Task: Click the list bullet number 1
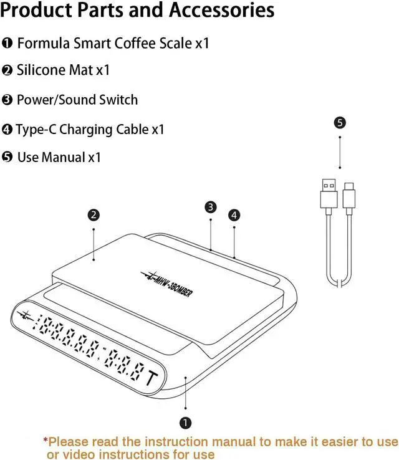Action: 7,44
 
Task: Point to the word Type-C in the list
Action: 35,130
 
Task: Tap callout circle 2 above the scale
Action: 94,216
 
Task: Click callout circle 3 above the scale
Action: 211,207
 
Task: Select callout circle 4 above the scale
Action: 234,215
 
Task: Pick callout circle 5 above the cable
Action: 340,123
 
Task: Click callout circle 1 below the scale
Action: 185,423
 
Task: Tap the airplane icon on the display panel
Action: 25,316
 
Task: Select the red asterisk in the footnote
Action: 46,441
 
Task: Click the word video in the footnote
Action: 75,454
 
